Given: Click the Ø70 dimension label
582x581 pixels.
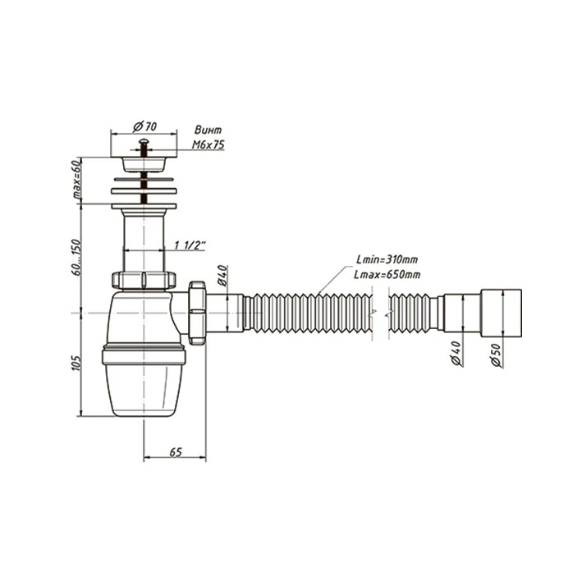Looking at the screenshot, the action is click(x=144, y=127).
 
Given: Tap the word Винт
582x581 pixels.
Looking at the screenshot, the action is click(x=209, y=130).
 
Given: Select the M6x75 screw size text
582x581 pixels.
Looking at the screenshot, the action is click(x=209, y=144).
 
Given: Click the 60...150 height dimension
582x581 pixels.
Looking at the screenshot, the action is click(x=76, y=257).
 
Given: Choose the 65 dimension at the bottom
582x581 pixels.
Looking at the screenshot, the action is click(x=176, y=452).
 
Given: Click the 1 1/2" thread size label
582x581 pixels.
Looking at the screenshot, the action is click(x=190, y=245).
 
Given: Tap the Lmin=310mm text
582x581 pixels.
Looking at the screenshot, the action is click(x=387, y=259).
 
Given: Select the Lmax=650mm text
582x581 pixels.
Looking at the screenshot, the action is click(x=387, y=275).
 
